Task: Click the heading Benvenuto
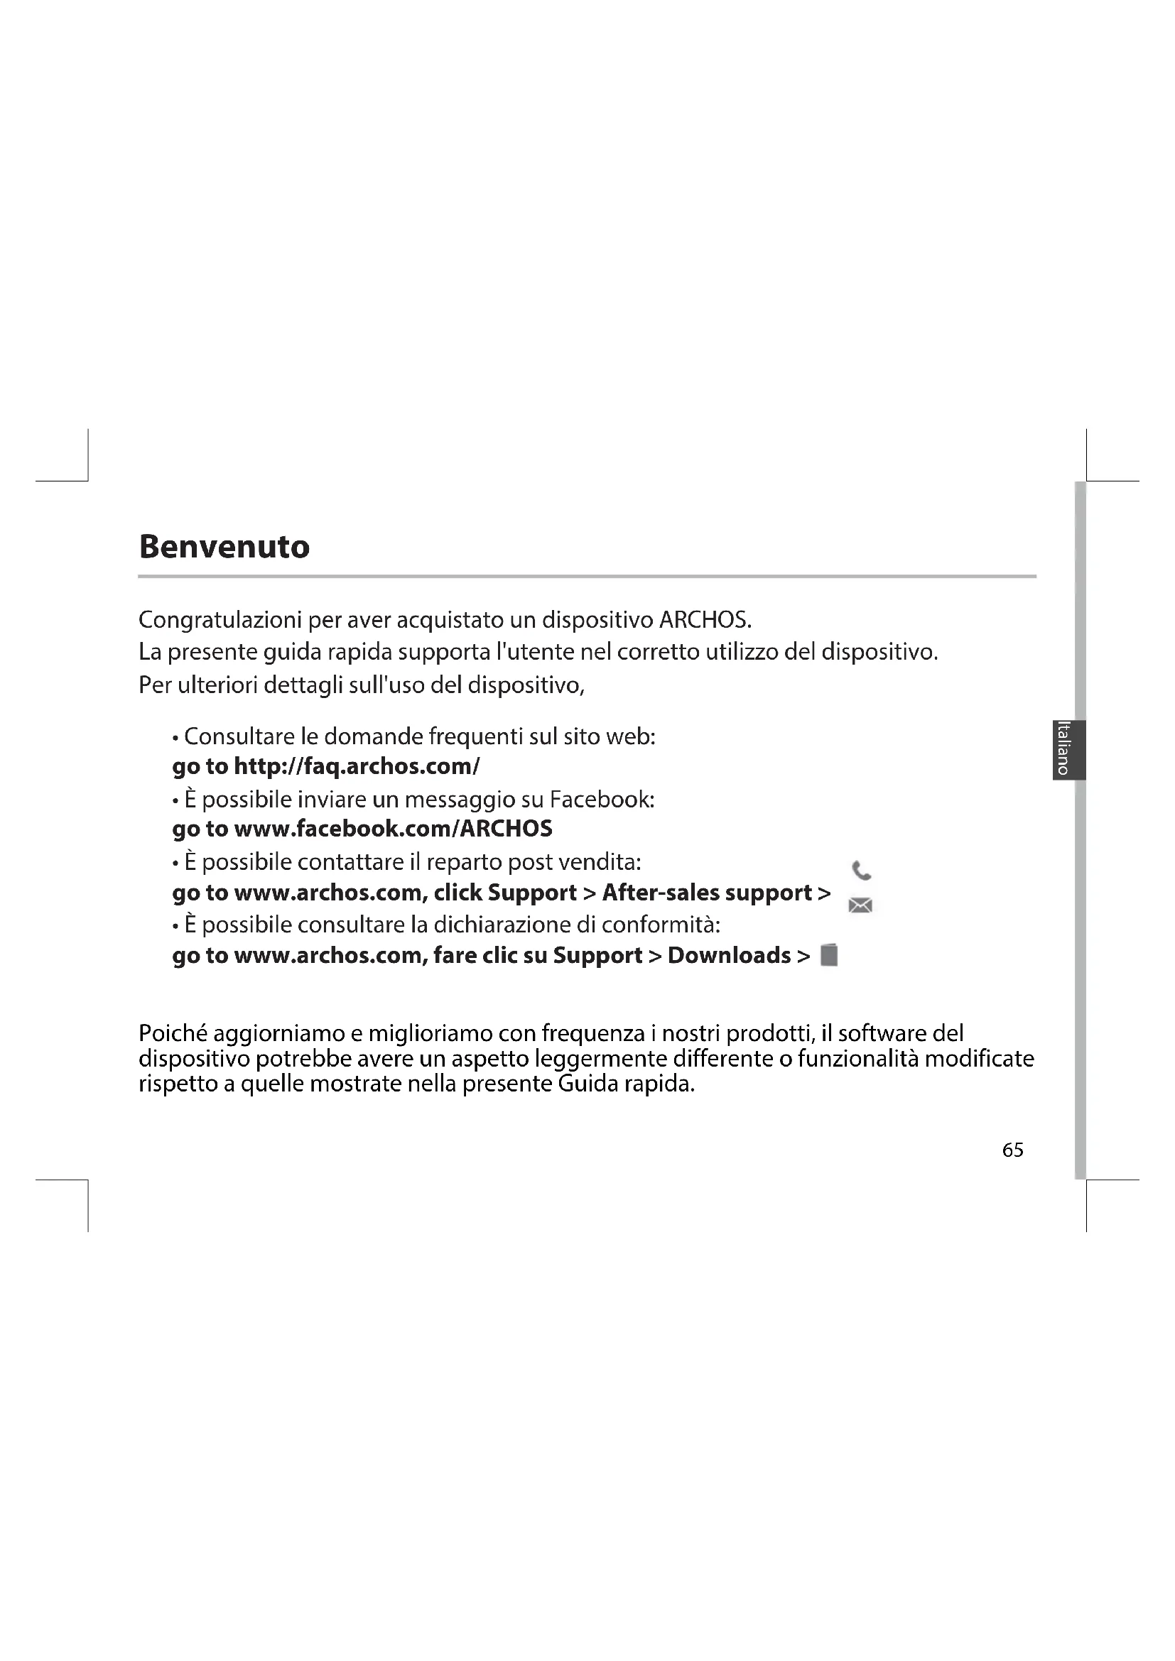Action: pyautogui.click(x=224, y=547)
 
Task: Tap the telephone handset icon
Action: pyautogui.click(x=861, y=871)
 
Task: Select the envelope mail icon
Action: pyautogui.click(x=860, y=905)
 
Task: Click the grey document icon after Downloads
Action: pyautogui.click(x=829, y=956)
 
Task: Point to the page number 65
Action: pyautogui.click(x=1012, y=1150)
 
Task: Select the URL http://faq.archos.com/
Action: pyautogui.click(x=357, y=766)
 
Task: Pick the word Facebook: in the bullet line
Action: pyautogui.click(x=602, y=800)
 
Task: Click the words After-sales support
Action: pyautogui.click(x=706, y=893)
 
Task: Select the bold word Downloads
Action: pyautogui.click(x=729, y=956)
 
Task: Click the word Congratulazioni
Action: pyautogui.click(x=220, y=620)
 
